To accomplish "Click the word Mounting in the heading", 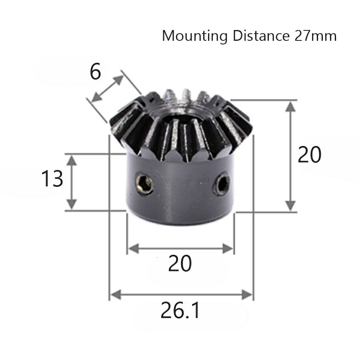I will point(194,36).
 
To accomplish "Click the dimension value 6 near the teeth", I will point(96,72).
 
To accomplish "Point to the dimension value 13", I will point(52,179).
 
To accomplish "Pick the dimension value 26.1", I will point(180,311).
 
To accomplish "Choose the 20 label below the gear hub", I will point(180,264).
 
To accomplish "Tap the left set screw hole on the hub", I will point(144,183).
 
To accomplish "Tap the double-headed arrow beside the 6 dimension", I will point(108,88).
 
